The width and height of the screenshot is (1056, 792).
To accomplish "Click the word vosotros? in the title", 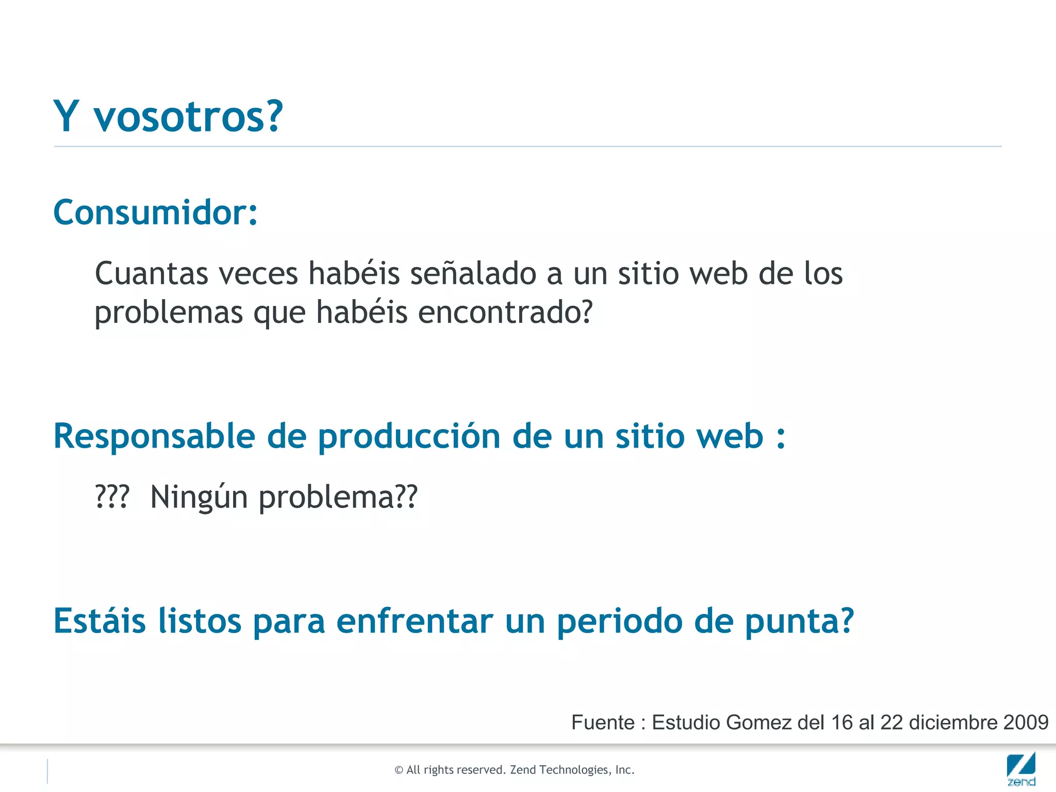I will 188,117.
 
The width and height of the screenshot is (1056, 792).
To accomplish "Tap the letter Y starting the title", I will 66,116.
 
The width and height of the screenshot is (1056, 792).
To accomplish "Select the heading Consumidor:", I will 155,212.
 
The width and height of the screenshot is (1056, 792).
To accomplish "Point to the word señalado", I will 473,273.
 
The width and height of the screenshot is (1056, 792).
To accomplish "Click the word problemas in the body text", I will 169,312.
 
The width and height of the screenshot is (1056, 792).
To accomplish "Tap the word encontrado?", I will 505,312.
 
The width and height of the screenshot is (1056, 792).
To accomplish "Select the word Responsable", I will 154,437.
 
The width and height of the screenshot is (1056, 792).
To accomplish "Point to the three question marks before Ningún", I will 112,497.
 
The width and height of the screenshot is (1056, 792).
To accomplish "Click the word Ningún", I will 199,497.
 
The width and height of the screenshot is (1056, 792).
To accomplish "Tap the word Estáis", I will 100,621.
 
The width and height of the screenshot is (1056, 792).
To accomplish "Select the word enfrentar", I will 415,621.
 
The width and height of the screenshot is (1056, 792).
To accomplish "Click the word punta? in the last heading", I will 799,622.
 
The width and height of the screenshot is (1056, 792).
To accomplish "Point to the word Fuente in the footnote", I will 603,722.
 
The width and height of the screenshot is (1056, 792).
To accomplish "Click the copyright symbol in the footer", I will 399,770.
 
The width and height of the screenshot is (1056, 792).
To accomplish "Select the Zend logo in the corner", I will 1021,769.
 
